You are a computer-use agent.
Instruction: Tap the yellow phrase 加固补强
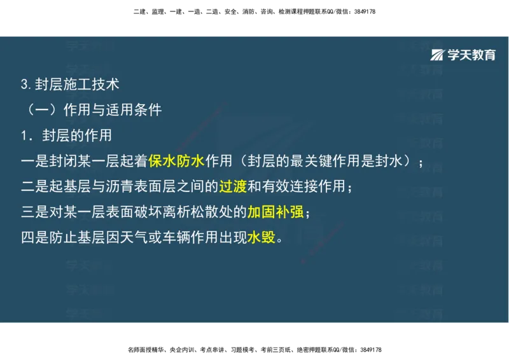[x=275, y=212]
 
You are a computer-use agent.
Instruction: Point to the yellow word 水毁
[x=261, y=237]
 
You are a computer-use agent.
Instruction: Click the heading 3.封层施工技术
[x=69, y=84]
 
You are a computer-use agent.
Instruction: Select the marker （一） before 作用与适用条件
[x=41, y=109]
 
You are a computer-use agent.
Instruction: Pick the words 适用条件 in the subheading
[x=141, y=109]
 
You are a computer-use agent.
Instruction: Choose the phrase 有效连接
[x=288, y=186]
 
